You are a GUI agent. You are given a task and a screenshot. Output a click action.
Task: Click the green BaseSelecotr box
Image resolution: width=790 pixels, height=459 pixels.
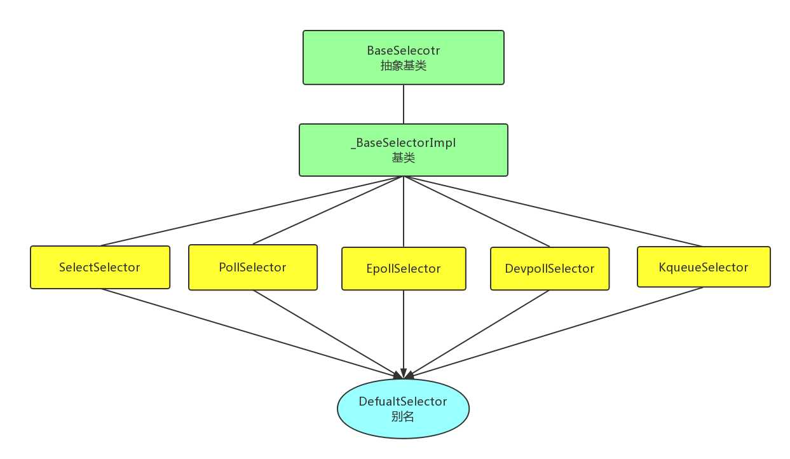tap(403, 57)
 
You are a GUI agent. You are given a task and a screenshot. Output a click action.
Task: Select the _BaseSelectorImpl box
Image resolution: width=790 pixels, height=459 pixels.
tap(403, 150)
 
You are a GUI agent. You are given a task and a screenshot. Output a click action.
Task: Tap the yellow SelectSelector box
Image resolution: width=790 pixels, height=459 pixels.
tap(100, 267)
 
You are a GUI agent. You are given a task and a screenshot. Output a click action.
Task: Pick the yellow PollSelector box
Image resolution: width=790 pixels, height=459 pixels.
tap(252, 268)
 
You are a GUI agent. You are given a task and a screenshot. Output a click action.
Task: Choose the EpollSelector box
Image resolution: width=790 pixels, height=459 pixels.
tap(404, 268)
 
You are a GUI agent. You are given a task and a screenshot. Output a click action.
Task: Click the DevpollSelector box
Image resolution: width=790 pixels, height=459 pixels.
tap(550, 268)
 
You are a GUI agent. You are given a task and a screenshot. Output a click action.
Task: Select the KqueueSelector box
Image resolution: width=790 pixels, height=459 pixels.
tap(704, 267)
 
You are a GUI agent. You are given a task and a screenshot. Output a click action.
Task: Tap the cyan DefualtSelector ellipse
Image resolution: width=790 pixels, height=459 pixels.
tap(403, 409)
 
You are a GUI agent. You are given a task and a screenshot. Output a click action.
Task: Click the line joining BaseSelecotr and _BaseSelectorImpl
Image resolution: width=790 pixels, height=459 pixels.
tap(404, 104)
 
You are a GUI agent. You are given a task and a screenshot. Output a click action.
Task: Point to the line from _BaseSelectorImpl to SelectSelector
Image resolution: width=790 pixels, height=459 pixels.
tap(252, 210)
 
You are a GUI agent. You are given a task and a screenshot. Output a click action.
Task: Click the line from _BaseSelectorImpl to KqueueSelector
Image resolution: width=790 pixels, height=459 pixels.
tap(553, 210)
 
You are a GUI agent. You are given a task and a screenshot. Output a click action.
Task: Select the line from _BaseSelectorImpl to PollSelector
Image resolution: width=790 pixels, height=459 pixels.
tap(328, 210)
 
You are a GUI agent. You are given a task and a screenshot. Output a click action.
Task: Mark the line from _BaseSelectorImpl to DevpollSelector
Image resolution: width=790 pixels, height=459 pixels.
tap(477, 211)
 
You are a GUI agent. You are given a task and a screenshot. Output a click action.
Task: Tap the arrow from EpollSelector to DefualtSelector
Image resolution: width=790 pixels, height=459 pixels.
tap(404, 331)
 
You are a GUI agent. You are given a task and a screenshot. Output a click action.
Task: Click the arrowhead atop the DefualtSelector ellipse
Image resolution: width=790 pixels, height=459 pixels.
tap(403, 374)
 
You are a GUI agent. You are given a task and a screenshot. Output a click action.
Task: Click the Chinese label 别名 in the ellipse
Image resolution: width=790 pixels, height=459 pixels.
tap(403, 417)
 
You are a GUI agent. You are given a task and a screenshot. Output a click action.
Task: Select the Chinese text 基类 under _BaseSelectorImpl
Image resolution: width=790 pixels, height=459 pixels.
tap(403, 158)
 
